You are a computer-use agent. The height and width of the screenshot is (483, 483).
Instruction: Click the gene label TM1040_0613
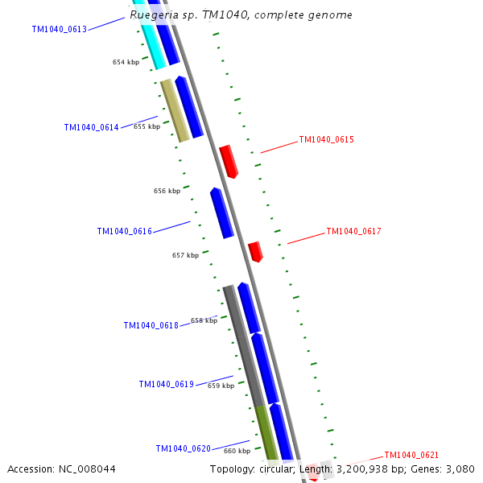tap(59, 30)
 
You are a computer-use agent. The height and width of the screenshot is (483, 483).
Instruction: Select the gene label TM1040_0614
tap(91, 128)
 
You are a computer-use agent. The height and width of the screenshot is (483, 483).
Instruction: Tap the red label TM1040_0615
tap(326, 140)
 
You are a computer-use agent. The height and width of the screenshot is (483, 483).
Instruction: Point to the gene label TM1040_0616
tap(124, 232)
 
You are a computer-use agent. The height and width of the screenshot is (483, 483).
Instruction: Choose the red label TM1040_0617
tap(353, 232)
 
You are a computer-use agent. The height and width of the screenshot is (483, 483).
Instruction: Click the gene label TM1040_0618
tap(151, 326)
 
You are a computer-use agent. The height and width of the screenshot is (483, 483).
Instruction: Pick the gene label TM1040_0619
tap(166, 385)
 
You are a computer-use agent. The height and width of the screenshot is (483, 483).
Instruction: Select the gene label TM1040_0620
tap(183, 449)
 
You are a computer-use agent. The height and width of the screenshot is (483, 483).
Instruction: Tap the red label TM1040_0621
tap(411, 456)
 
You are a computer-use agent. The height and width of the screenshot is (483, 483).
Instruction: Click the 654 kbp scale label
tap(126, 62)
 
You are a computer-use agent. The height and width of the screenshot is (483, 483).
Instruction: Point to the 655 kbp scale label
tap(147, 126)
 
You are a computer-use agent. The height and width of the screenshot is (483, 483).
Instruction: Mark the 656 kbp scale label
tap(167, 192)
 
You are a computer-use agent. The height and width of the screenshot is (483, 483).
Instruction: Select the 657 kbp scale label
tap(185, 255)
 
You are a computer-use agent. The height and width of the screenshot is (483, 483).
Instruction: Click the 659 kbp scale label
tap(221, 386)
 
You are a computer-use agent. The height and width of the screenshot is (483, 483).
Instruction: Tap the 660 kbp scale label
tap(237, 451)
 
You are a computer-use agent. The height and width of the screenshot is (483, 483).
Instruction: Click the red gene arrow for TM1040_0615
tap(229, 161)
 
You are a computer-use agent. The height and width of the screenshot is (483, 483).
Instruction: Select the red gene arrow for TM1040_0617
tap(255, 251)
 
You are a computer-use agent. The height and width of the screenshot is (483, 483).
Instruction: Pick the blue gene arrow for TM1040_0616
tap(221, 213)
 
